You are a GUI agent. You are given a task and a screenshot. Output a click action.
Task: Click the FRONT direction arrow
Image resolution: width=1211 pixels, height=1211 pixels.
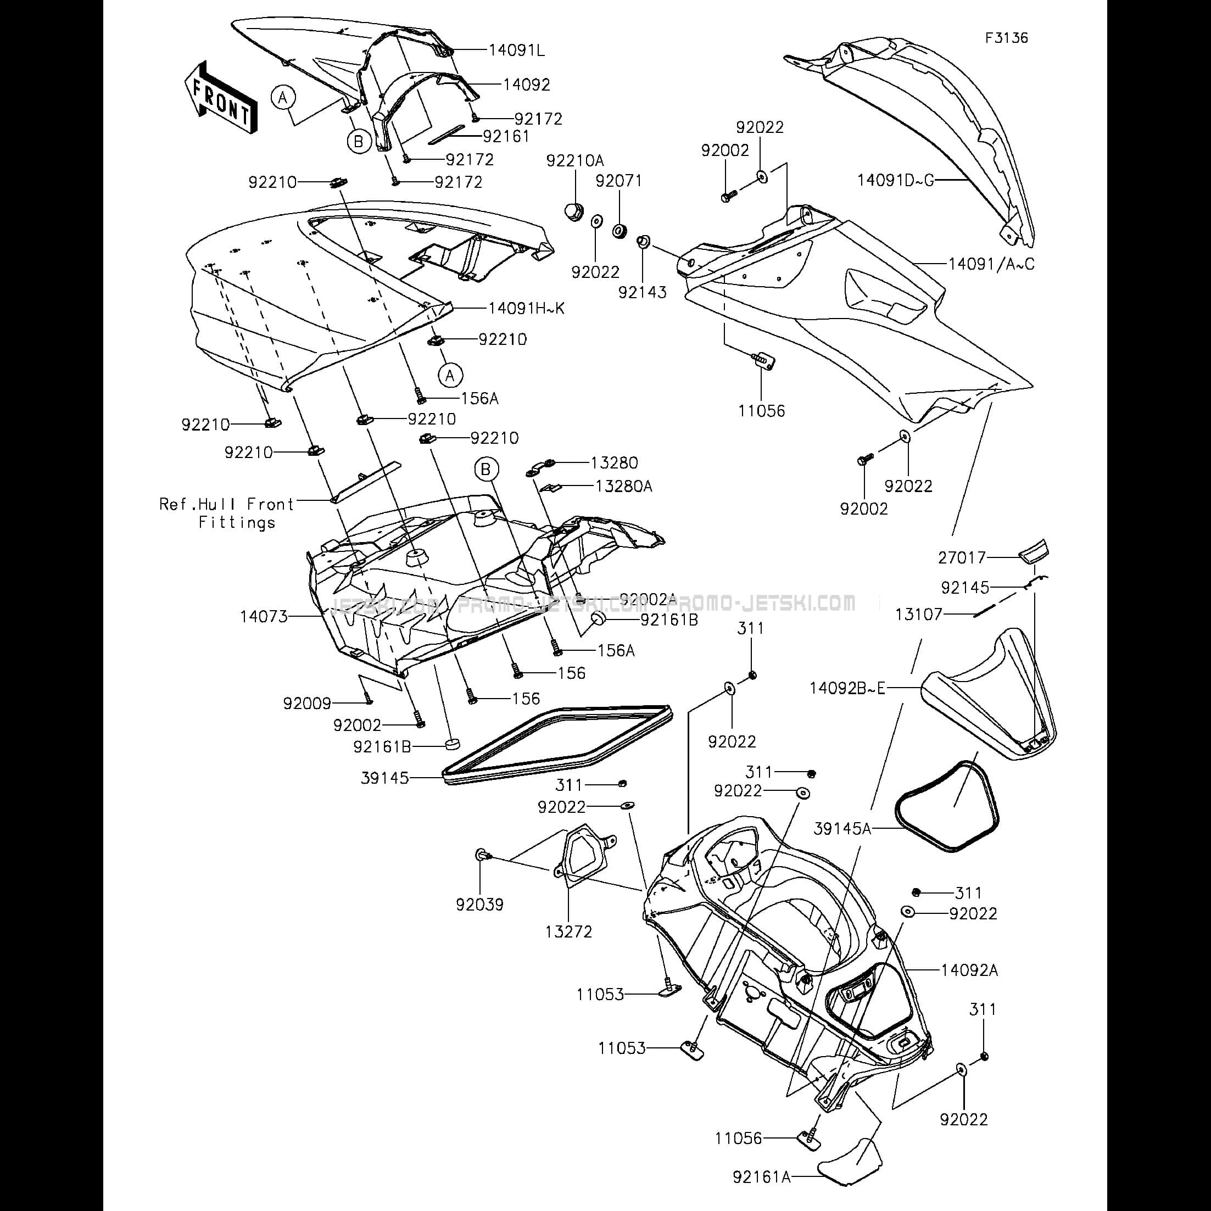click(x=219, y=98)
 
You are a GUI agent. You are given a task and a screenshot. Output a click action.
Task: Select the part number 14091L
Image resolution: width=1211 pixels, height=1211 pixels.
click(x=516, y=50)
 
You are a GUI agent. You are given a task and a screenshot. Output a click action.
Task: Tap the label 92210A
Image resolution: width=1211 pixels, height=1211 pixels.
click(x=575, y=160)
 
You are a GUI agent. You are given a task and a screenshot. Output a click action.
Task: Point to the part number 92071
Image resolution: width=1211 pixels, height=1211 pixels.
click(x=618, y=181)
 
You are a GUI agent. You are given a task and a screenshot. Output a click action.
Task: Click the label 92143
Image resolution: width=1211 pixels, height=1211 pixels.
click(x=642, y=292)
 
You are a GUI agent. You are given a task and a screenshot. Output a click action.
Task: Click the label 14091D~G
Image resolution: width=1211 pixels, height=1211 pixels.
click(x=896, y=181)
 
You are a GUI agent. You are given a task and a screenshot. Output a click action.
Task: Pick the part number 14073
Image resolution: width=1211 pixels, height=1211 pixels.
click(x=264, y=617)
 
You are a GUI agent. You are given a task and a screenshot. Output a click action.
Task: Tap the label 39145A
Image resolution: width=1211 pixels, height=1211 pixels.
click(x=842, y=829)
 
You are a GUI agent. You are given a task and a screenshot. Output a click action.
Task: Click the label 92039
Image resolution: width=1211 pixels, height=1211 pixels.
click(x=479, y=905)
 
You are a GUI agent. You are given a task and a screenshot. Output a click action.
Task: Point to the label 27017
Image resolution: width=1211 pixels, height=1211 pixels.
click(x=962, y=557)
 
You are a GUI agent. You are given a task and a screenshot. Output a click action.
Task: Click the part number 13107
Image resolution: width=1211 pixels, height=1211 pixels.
click(x=918, y=614)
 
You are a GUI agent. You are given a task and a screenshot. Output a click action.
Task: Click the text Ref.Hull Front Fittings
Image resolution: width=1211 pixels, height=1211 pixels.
click(x=227, y=514)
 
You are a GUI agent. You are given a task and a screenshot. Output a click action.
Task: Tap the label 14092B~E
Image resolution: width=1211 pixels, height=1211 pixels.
click(x=847, y=688)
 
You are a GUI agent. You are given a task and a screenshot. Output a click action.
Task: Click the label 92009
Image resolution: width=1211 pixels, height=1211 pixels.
click(x=306, y=704)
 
